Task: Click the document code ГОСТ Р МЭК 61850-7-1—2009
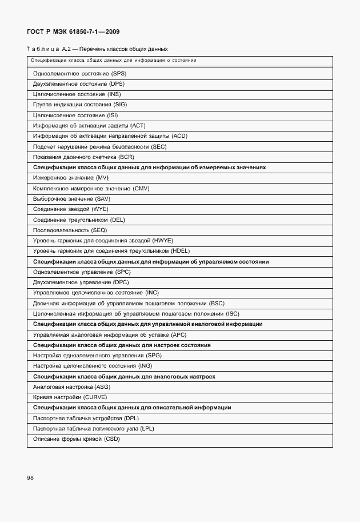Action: (x=74, y=32)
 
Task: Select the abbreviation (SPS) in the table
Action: (x=119, y=74)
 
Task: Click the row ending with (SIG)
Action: (x=80, y=105)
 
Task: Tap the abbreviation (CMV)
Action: (x=141, y=188)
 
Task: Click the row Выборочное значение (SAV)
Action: (x=71, y=199)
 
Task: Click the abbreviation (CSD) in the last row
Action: (x=112, y=439)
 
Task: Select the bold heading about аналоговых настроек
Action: (x=124, y=376)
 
